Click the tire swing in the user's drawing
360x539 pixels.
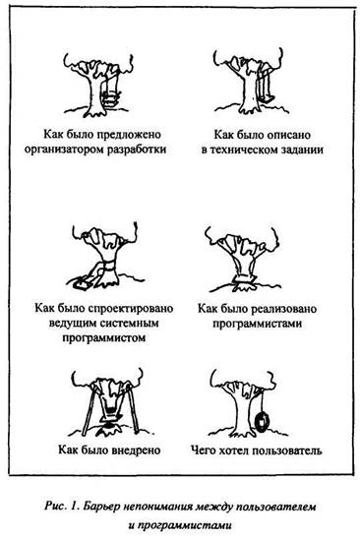(x=263, y=423)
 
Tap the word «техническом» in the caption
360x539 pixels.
(x=248, y=150)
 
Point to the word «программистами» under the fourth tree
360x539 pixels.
(x=257, y=324)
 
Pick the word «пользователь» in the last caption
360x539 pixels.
(x=286, y=449)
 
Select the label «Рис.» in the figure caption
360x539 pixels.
(x=54, y=507)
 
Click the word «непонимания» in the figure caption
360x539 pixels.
(x=158, y=507)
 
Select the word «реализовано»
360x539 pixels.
(x=284, y=308)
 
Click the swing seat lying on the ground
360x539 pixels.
(x=81, y=283)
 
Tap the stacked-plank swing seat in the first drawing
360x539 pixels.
(x=111, y=98)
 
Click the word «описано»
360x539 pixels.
(x=289, y=134)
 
